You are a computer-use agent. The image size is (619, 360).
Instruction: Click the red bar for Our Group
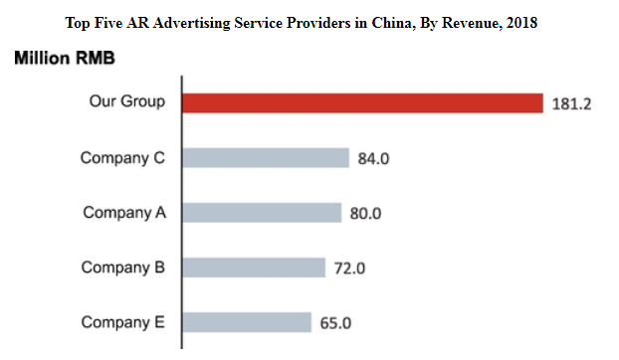pos(363,103)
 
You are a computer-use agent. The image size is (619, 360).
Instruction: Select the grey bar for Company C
pos(266,158)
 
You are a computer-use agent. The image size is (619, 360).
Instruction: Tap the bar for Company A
pos(262,213)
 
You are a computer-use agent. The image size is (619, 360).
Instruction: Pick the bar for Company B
pos(254,268)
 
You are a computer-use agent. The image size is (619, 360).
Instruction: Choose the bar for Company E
pos(247,322)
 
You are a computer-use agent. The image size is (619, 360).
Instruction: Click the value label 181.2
pos(571,104)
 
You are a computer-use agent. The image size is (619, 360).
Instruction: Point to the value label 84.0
pos(373,158)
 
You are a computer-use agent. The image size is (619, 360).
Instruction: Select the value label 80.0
pos(365,214)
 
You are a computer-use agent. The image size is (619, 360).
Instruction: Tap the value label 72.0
pos(349,269)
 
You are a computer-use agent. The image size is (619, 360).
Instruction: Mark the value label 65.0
pos(335,323)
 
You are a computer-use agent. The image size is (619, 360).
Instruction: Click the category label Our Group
pos(127,101)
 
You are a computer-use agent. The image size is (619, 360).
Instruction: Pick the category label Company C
pos(122,158)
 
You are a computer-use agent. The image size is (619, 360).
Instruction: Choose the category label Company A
pos(124,213)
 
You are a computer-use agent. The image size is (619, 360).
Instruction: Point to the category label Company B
pos(123,268)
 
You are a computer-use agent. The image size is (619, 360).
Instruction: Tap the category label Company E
pos(123,322)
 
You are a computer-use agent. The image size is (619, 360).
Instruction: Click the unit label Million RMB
pos(65,59)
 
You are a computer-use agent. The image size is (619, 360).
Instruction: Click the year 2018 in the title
pos(521,23)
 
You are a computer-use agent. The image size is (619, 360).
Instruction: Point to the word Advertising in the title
pos(191,23)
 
